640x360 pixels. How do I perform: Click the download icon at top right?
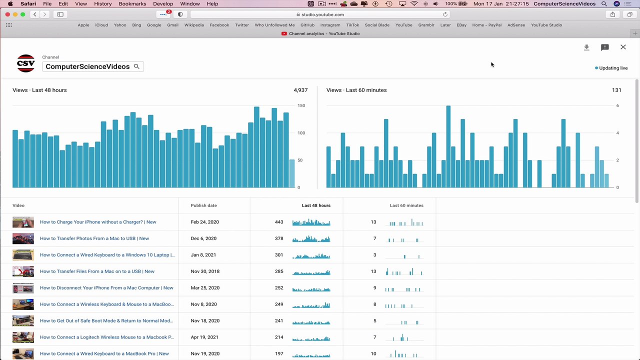pyautogui.click(x=586, y=47)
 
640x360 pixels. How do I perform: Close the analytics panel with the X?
pyautogui.click(x=623, y=47)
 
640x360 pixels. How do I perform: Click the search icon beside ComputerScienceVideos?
pyautogui.click(x=136, y=66)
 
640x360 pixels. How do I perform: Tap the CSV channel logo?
pyautogui.click(x=25, y=63)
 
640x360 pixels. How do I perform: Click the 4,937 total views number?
pyautogui.click(x=300, y=90)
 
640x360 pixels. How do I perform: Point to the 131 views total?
pyautogui.click(x=616, y=90)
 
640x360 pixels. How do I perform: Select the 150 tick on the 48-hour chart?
pyautogui.click(x=301, y=105)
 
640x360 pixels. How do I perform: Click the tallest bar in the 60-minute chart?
pyautogui.click(x=448, y=146)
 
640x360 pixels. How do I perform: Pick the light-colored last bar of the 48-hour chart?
pyautogui.click(x=291, y=173)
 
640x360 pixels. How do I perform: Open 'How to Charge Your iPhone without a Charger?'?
pyautogui.click(x=98, y=222)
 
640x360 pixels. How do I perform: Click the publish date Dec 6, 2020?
pyautogui.click(x=203, y=238)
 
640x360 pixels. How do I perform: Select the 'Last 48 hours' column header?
pyautogui.click(x=316, y=205)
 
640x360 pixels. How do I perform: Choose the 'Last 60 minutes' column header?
pyautogui.click(x=406, y=205)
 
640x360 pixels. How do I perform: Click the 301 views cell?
pyautogui.click(x=279, y=255)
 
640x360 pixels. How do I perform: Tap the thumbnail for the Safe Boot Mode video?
pyautogui.click(x=23, y=321)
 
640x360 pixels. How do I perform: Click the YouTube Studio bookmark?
pyautogui.click(x=546, y=25)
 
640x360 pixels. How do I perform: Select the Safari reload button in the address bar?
pyautogui.click(x=445, y=14)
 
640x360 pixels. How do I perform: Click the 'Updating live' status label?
pyautogui.click(x=613, y=68)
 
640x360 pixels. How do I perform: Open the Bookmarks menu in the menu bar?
pyautogui.click(x=132, y=3)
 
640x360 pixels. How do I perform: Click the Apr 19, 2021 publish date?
pyautogui.click(x=204, y=337)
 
